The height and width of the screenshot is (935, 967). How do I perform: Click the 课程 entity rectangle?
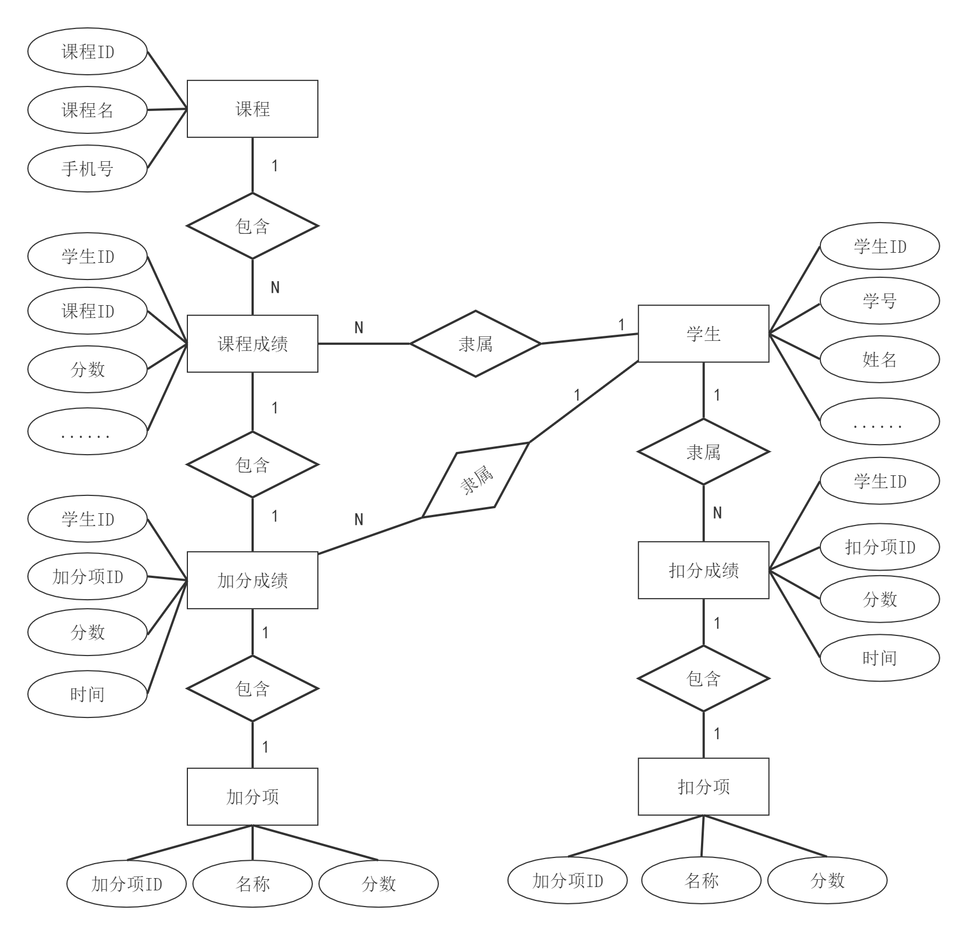click(x=252, y=109)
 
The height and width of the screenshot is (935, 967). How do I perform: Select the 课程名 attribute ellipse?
click(x=88, y=110)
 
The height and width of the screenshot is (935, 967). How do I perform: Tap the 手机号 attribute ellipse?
click(x=88, y=168)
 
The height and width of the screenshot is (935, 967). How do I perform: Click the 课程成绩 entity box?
click(x=252, y=344)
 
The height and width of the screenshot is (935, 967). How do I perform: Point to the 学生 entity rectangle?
click(x=703, y=334)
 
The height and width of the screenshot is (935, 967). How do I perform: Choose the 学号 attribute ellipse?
click(x=879, y=301)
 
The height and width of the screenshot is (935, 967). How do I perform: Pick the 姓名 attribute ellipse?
click(x=879, y=360)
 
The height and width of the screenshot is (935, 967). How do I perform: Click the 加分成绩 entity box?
click(x=252, y=580)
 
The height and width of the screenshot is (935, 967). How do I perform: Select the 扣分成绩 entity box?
click(x=703, y=570)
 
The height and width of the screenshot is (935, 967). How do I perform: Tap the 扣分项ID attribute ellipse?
click(x=879, y=547)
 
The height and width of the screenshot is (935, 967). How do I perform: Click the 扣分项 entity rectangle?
click(x=703, y=787)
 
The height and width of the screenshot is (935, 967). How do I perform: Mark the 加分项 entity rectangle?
click(x=252, y=797)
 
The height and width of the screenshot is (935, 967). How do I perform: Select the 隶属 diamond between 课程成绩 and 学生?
click(x=475, y=344)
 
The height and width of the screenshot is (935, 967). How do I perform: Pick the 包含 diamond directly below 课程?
click(x=252, y=226)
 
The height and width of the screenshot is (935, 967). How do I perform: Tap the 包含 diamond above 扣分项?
click(x=703, y=679)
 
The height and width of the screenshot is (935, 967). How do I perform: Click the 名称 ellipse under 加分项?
click(x=253, y=884)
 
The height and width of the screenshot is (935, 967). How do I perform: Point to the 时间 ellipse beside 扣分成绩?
click(x=879, y=658)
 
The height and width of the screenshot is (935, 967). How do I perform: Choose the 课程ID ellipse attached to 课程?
click(x=88, y=52)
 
